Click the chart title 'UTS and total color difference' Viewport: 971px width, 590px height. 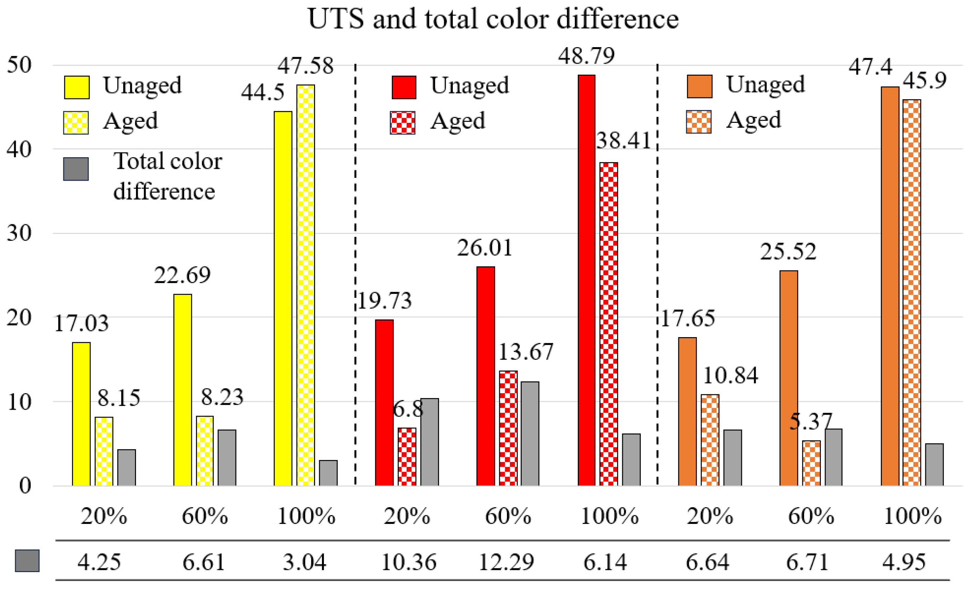tap(493, 19)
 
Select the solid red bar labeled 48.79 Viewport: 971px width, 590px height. tap(586, 280)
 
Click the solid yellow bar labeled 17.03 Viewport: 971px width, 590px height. tap(81, 414)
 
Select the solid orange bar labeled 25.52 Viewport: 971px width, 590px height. tap(789, 378)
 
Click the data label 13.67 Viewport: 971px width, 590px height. tap(526, 352)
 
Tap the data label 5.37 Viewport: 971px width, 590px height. tap(811, 421)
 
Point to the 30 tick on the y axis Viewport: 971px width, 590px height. tap(19, 233)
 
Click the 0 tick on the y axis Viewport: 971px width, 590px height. tap(24, 486)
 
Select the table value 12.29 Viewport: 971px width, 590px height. tap(506, 562)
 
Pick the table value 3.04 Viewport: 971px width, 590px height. tap(305, 562)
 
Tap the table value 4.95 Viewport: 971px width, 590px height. tap(904, 562)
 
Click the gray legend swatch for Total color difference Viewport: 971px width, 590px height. tap(76, 169)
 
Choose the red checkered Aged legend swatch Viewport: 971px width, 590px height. tap(403, 122)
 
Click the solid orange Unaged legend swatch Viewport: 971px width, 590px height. tap(699, 86)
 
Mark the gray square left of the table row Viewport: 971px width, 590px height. tap(27, 560)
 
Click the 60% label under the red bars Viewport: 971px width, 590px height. tap(508, 516)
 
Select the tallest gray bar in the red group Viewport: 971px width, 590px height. tap(530, 433)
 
